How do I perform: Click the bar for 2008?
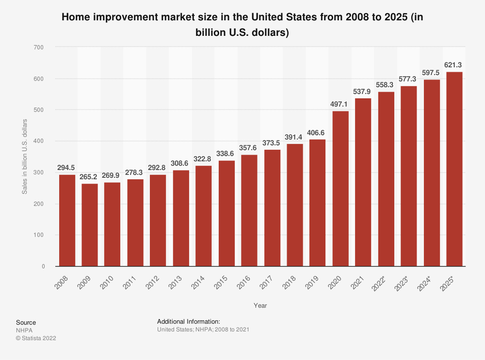(x=67, y=220)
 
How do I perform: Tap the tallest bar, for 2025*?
(x=454, y=169)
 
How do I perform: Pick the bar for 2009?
(x=90, y=225)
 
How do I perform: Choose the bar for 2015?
(x=226, y=214)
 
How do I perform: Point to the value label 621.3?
(x=454, y=64)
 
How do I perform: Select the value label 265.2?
(x=90, y=176)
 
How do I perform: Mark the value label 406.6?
(x=318, y=132)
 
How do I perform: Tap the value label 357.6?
(x=249, y=147)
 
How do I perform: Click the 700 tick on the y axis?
(x=39, y=47)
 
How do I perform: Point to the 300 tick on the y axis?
(x=39, y=172)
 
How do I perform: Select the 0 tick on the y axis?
(x=43, y=266)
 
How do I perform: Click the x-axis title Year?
(x=260, y=306)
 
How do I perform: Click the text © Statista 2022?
(x=36, y=338)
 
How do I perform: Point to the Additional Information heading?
(x=189, y=321)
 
